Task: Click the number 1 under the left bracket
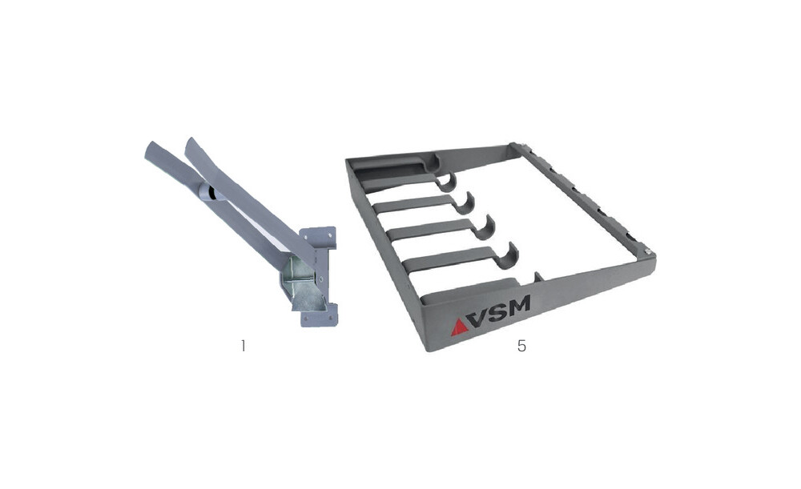[244, 346]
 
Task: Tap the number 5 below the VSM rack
[521, 346]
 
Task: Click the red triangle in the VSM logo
[459, 327]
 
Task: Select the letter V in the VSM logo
[480, 319]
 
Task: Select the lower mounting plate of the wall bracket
[319, 315]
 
